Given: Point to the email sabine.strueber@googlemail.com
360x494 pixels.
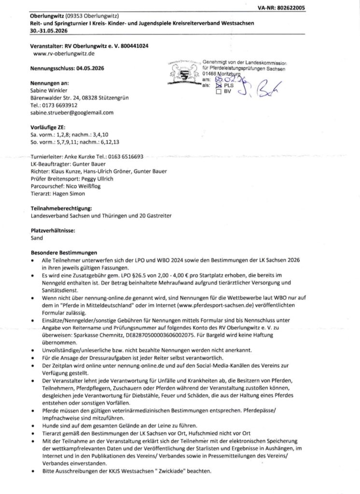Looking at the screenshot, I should coord(71,112).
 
